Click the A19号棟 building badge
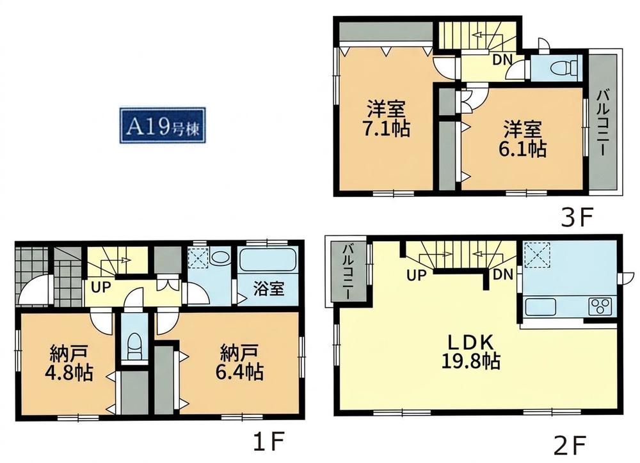pyautogui.click(x=163, y=125)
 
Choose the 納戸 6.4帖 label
pyautogui.click(x=239, y=363)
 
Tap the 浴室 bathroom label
pyautogui.click(x=269, y=289)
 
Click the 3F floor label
pyautogui.click(x=576, y=218)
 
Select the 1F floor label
pyautogui.click(x=268, y=443)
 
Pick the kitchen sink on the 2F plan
pyautogui.click(x=541, y=307)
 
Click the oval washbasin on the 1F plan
pyautogui.click(x=220, y=258)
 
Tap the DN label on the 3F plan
pyautogui.click(x=502, y=60)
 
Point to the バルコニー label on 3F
pyautogui.click(x=602, y=123)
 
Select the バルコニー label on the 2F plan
pyautogui.click(x=348, y=272)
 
